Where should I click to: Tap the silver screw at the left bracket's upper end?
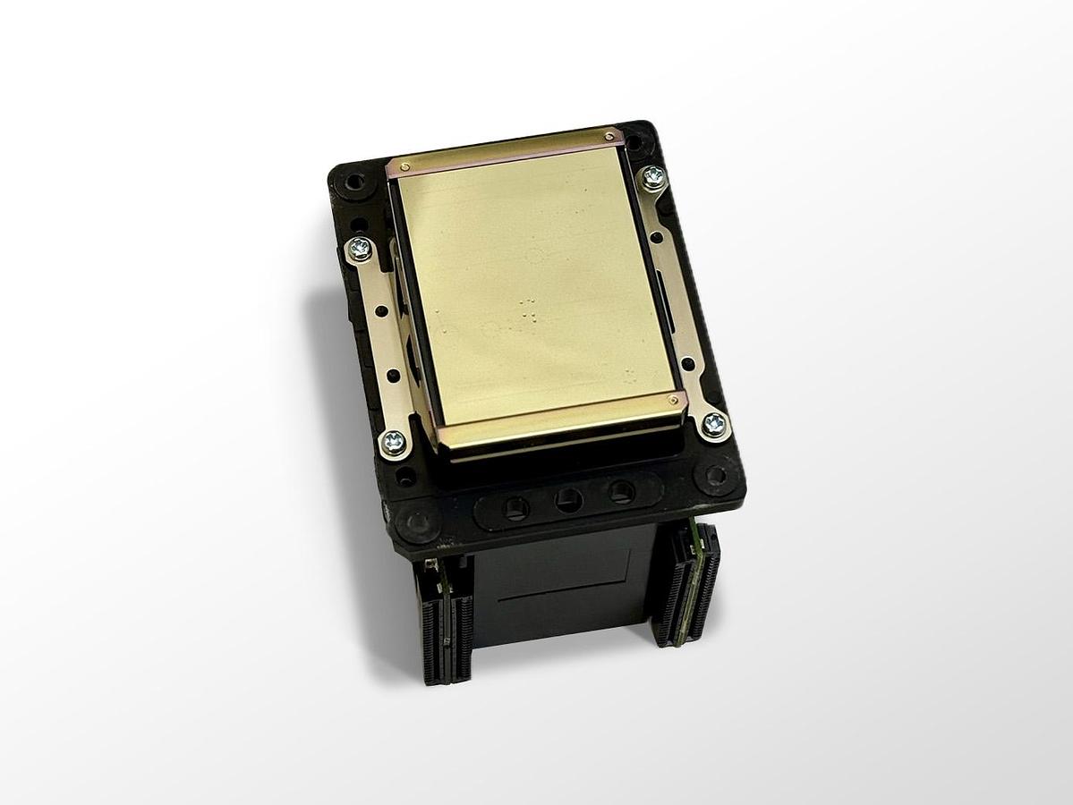click(x=360, y=249)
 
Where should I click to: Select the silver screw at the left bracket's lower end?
click(x=393, y=441)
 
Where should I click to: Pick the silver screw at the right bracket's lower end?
click(x=714, y=424)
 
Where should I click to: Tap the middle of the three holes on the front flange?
click(x=568, y=500)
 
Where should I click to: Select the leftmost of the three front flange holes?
click(x=516, y=509)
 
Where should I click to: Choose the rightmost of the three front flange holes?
click(x=620, y=491)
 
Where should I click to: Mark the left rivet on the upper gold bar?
click(x=405, y=166)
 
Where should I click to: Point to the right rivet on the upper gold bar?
click(x=609, y=136)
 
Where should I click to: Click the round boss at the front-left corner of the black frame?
click(x=417, y=521)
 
